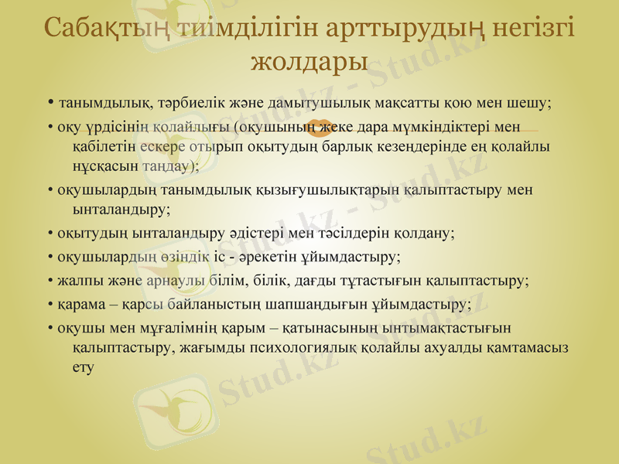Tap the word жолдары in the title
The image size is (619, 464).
[x=310, y=60]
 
